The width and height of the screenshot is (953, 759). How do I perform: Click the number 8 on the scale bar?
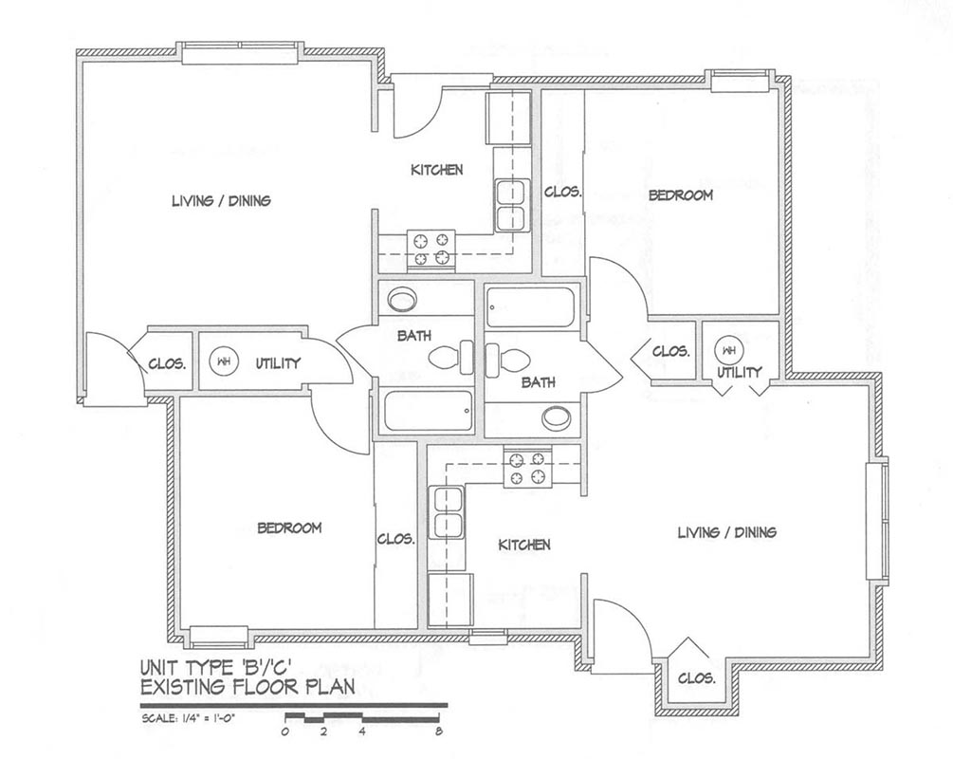click(438, 731)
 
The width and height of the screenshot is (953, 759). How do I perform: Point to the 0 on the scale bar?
click(285, 731)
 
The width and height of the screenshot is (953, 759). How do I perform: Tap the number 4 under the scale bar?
click(361, 731)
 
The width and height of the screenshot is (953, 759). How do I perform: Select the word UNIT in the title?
click(160, 668)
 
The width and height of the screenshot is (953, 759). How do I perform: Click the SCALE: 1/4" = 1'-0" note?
click(188, 717)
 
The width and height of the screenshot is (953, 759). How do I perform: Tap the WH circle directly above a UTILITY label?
click(728, 351)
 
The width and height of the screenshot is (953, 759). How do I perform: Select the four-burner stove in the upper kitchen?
click(431, 249)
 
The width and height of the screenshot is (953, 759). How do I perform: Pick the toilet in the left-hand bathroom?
click(451, 357)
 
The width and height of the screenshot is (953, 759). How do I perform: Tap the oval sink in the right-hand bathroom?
click(556, 417)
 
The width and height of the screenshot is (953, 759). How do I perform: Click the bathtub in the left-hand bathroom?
click(429, 411)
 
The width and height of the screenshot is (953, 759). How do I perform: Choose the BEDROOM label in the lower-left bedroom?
click(289, 528)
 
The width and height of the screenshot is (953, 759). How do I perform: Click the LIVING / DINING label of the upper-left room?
click(221, 201)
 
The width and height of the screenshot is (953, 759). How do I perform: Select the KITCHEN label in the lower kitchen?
click(524, 545)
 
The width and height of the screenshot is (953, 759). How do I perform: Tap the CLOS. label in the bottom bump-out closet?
click(697, 678)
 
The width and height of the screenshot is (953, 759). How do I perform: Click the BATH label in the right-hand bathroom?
click(539, 382)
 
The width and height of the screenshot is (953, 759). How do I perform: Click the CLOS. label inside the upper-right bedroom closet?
click(563, 193)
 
